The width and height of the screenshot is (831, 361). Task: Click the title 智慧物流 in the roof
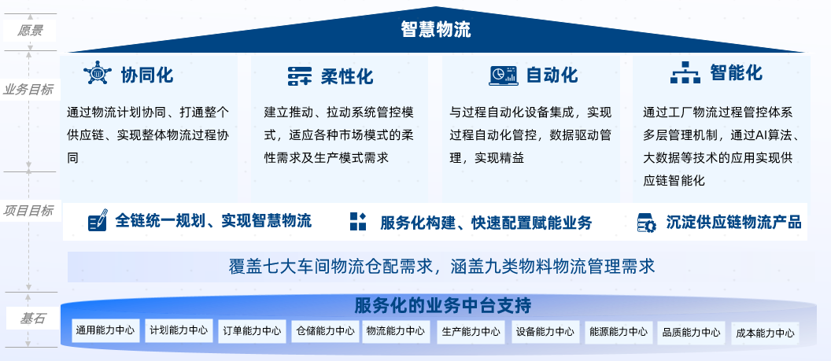pos(436,30)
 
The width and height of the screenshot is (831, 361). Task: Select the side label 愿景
pos(30,31)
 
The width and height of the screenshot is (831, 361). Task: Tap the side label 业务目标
pos(28,90)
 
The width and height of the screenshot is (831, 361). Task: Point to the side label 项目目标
pos(28,211)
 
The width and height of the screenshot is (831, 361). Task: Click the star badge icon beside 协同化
pos(98,74)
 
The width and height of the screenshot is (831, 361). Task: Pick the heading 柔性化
pos(346,76)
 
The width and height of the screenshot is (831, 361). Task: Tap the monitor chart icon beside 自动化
pos(503,76)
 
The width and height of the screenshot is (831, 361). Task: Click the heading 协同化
pos(147,76)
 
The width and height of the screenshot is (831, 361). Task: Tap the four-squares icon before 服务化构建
pos(358,221)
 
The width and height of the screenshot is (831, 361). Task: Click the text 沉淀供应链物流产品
pos(733,222)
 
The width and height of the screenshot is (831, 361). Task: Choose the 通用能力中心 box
pos(106,330)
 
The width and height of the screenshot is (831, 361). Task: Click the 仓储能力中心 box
pos(326,331)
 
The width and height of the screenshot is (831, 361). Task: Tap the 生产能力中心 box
pos(471,332)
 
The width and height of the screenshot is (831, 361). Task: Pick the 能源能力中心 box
pos(619,332)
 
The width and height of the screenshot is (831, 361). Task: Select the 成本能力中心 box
pos(765,333)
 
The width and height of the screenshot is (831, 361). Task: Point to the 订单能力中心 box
pos(253,331)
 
